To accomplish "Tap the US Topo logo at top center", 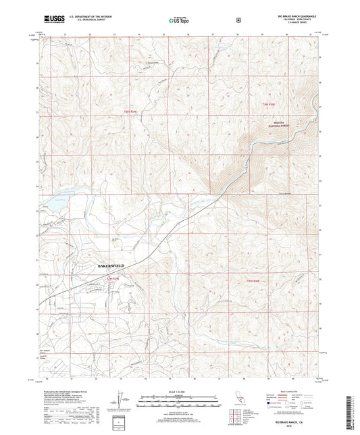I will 179,21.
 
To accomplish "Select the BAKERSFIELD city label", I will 107,266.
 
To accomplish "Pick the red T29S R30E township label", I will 253,280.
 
